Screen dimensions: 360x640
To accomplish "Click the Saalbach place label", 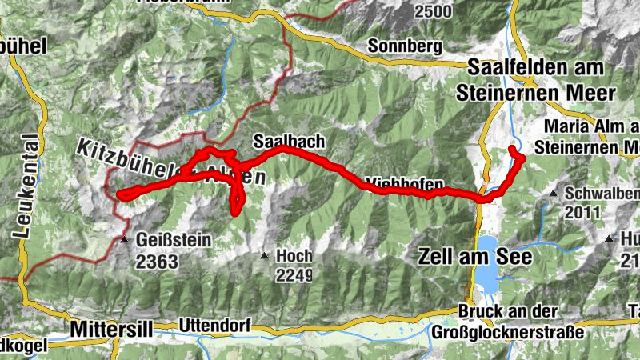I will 289,141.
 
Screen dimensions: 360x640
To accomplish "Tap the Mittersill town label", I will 109,328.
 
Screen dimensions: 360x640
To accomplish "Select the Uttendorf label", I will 215,326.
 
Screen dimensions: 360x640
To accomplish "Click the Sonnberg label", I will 405,46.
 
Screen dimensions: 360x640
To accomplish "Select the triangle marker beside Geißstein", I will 124,238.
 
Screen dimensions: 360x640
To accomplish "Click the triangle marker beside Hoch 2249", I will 264,256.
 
